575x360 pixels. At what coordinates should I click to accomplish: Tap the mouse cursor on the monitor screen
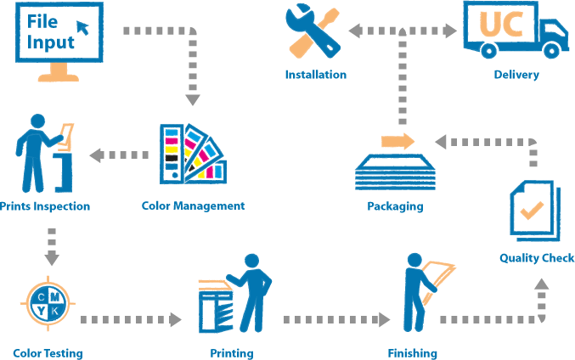[82, 28]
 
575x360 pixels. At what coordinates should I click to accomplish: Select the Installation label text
[315, 75]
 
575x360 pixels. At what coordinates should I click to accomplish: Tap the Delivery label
[516, 75]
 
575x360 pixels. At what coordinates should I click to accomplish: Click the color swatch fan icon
[192, 155]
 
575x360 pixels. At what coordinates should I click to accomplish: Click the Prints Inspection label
[45, 205]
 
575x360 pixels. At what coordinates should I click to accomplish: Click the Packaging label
[395, 206]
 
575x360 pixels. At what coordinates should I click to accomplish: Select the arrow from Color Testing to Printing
[131, 320]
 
